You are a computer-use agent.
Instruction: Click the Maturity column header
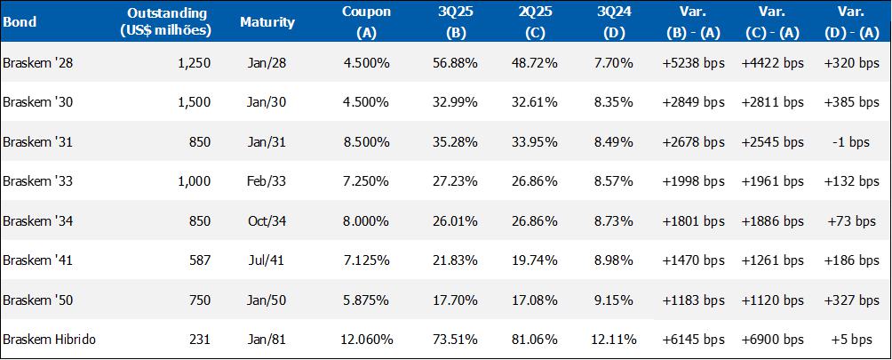267,22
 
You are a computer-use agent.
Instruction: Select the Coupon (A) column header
366,22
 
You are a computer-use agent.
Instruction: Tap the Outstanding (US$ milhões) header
166,22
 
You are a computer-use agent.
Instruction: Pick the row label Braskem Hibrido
49,340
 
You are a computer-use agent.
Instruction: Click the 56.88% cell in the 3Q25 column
455,62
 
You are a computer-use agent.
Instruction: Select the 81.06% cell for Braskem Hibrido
534,340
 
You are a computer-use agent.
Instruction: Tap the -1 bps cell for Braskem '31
852,141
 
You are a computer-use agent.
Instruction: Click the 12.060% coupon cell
366,340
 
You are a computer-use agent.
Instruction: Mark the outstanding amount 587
200,260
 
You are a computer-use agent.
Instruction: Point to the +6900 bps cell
773,340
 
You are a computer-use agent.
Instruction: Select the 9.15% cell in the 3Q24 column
615,300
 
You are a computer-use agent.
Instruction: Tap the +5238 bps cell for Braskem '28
694,62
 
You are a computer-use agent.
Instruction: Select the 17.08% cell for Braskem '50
534,300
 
